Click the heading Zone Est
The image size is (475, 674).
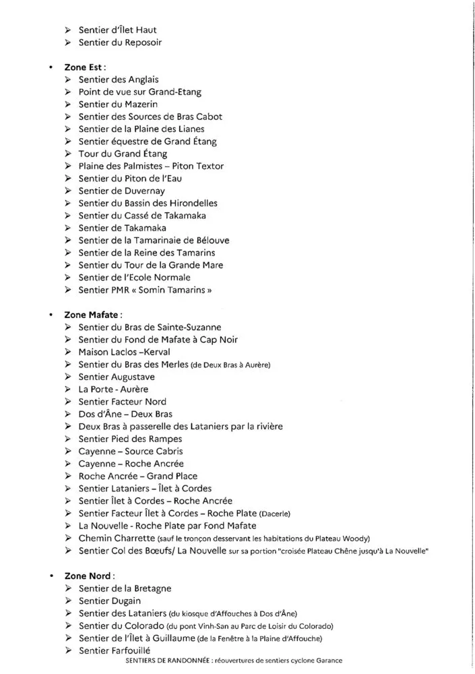point(84,67)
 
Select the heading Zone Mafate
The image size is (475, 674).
point(93,314)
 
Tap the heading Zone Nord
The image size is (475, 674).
point(89,576)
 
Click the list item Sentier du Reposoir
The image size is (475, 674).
point(120,42)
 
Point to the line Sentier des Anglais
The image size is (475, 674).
point(119,80)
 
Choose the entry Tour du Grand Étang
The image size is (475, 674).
point(123,154)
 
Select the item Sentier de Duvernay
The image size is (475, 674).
point(122,191)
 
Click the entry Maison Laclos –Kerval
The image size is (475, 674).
point(124,352)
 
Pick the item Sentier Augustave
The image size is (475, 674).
point(117,377)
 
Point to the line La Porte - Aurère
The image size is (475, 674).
point(113,389)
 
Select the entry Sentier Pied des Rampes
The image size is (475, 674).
point(130,439)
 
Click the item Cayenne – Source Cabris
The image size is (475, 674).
point(131,451)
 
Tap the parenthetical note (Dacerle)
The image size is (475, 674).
point(276,514)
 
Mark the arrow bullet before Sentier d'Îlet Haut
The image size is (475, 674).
point(68,30)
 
